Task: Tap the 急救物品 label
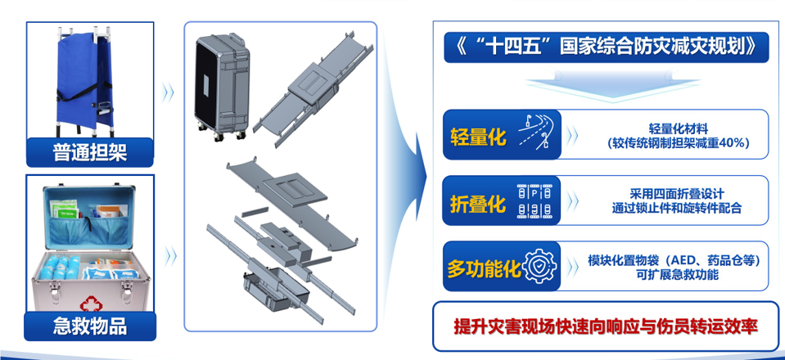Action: (x=89, y=326)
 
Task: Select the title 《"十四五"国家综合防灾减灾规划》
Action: (x=606, y=47)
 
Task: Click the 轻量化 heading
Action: (x=478, y=135)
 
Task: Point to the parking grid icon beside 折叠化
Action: (x=535, y=200)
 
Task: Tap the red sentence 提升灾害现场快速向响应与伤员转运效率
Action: (x=606, y=326)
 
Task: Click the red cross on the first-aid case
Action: (x=88, y=303)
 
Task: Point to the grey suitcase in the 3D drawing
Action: (x=223, y=86)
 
